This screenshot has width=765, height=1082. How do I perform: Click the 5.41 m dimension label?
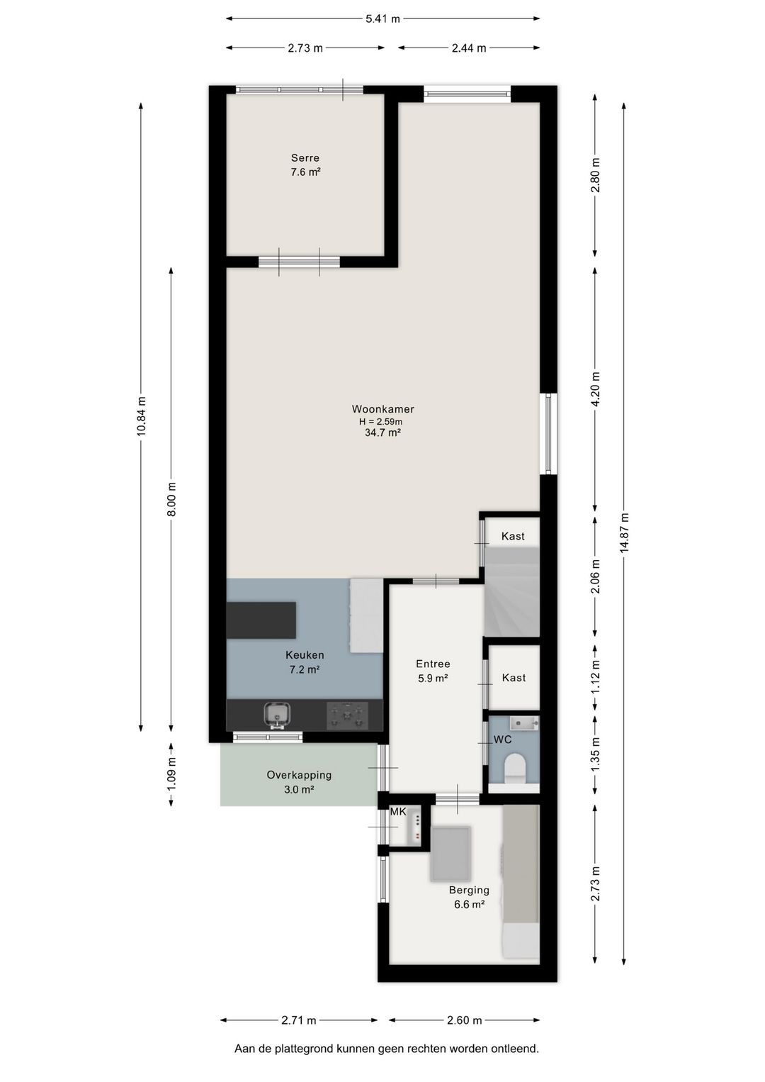[382, 19]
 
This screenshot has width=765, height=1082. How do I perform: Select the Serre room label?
[305, 158]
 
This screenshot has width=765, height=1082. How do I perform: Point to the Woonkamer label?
[382, 409]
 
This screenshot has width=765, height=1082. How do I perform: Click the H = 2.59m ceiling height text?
[381, 422]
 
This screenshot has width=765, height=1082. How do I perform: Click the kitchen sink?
[277, 715]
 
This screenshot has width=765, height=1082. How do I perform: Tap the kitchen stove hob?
[347, 715]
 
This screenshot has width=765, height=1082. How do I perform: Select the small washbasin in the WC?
[524, 723]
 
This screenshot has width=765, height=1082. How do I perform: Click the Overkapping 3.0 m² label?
[299, 782]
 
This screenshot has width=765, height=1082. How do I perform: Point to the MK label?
[398, 812]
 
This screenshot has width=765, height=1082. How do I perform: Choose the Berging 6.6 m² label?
[469, 897]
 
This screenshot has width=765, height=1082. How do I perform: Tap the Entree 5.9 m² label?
[433, 671]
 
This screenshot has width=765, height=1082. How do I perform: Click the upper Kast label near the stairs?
[513, 536]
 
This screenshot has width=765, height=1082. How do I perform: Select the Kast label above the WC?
[514, 678]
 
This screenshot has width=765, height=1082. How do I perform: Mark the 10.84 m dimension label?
[142, 416]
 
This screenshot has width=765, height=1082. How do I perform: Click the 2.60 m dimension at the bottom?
[464, 1020]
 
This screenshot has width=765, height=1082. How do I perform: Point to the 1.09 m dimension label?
[172, 774]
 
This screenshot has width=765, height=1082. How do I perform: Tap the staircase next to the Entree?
[511, 592]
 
